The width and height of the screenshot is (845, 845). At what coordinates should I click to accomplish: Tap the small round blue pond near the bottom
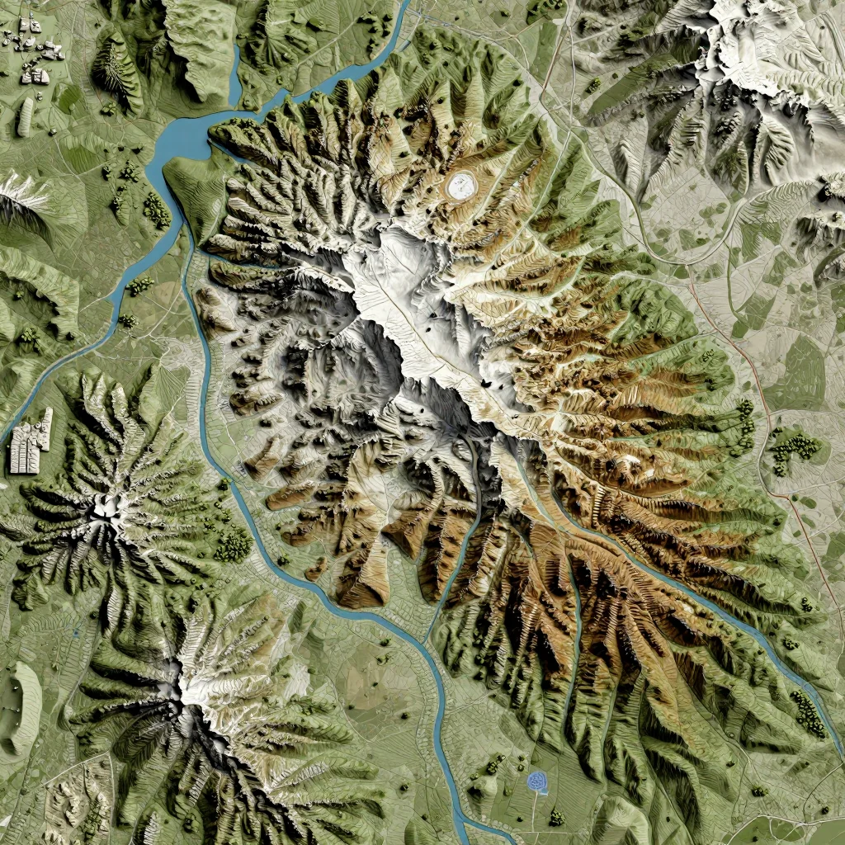click(x=538, y=781)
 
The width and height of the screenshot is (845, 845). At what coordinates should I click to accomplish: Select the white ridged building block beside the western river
click(x=31, y=442)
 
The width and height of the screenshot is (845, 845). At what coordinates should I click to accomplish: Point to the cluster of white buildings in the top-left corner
click(x=33, y=50)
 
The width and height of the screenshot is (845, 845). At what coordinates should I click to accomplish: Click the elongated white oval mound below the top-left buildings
click(x=25, y=117)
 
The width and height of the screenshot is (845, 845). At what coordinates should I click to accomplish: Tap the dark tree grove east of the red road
click(x=795, y=451)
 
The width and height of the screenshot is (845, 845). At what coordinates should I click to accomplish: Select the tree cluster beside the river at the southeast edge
click(x=808, y=714)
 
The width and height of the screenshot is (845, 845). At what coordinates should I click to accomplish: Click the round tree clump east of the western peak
click(x=234, y=544)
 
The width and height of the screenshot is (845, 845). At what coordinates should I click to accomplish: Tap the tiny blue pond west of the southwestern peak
click(x=75, y=633)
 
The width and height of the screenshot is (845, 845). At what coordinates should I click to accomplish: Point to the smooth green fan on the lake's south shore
click(x=194, y=190)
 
